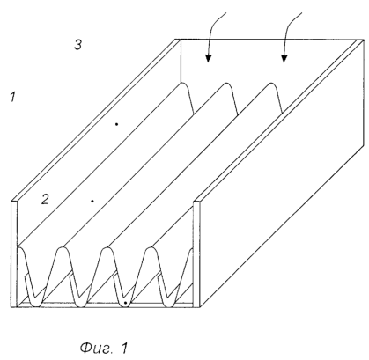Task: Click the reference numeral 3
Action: point(77,45)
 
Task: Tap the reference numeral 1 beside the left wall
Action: point(12,97)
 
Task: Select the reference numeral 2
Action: point(45,199)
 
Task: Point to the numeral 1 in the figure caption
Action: point(124,348)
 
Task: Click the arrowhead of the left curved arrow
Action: point(208,58)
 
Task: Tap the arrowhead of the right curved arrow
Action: point(284,58)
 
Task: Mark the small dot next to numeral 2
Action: point(92,201)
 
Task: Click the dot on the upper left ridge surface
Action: point(116,124)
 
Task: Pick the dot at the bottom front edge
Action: point(125,303)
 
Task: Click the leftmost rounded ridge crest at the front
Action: point(21,248)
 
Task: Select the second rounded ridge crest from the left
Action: point(62,249)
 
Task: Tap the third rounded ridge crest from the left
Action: point(107,249)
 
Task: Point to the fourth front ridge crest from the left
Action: point(151,249)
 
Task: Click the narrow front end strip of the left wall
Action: point(14,253)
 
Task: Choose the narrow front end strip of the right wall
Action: point(196,253)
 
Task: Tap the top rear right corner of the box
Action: point(364,39)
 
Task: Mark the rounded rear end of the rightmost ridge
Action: point(272,84)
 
